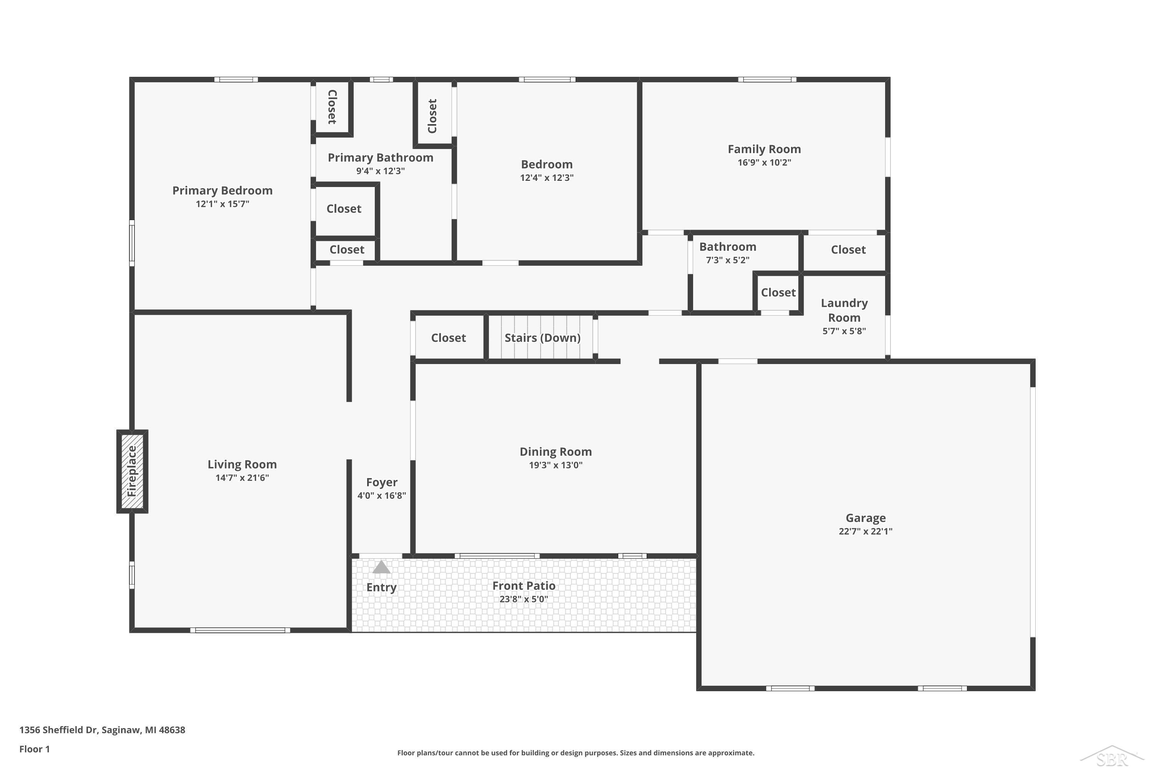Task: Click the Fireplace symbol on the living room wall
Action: pos(132,471)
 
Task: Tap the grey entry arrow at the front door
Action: pos(381,567)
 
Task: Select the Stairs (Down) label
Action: pos(542,338)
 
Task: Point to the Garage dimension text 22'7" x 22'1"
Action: pos(865,531)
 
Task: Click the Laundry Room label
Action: pos(844,310)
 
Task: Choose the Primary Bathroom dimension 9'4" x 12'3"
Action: pos(380,171)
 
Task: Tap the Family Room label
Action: pos(764,149)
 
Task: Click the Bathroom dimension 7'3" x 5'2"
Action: pos(727,260)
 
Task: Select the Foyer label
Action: pos(382,482)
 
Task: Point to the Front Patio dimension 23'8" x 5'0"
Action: pos(524,599)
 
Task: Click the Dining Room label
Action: pos(555,452)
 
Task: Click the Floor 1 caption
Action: pos(34,749)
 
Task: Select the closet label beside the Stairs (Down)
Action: pos(448,338)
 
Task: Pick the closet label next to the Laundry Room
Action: pos(778,292)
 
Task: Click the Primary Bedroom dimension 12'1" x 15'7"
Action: pos(222,204)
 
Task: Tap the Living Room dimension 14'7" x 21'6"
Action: pos(242,478)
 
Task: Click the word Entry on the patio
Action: pos(381,587)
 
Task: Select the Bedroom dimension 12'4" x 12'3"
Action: pos(546,177)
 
